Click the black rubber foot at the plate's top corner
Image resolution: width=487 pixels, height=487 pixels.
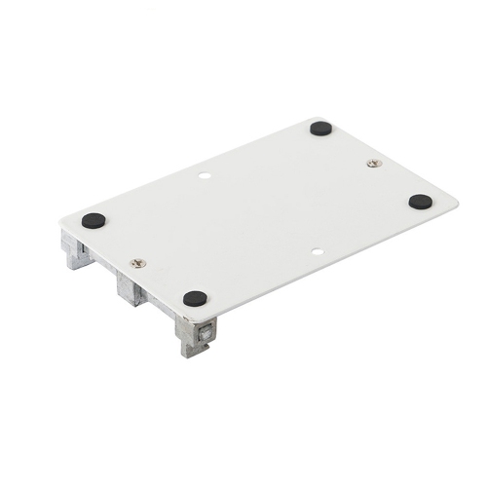(x=320, y=128)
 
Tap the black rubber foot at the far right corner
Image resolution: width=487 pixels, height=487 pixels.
(x=420, y=202)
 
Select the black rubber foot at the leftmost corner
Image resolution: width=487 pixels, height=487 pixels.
(x=94, y=220)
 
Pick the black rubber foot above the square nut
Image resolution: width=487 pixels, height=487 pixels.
(x=196, y=298)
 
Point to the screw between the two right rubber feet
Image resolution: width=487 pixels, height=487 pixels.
(x=374, y=163)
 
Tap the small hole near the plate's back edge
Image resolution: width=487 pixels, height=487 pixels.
(x=205, y=177)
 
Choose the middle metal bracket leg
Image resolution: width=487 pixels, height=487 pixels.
(x=131, y=287)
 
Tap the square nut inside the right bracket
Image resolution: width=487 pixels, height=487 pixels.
(x=206, y=332)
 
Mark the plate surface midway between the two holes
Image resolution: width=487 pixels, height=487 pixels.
(x=261, y=215)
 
